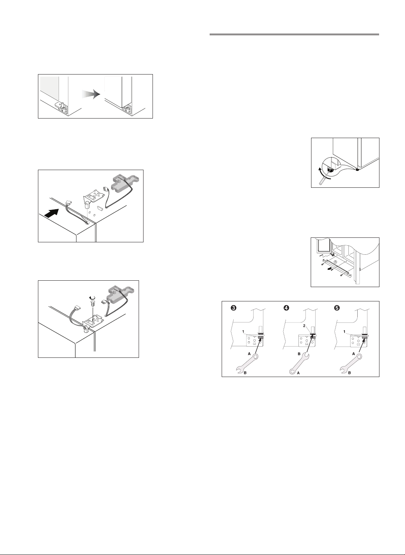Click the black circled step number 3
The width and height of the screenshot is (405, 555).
tap(233, 308)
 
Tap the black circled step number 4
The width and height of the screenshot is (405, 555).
tap(286, 308)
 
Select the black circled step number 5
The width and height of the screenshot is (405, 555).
tap(337, 308)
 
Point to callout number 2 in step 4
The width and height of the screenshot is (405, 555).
tap(304, 326)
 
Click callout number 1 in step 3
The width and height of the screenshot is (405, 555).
tap(243, 331)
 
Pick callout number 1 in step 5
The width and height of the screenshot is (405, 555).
tap(345, 331)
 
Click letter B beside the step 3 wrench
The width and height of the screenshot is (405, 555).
tap(245, 373)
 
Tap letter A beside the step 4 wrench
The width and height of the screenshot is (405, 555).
tap(298, 373)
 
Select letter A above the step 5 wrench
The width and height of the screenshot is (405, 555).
tap(354, 354)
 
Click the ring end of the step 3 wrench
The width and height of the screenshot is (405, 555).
tap(255, 357)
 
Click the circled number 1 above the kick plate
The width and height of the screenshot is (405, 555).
tap(335, 262)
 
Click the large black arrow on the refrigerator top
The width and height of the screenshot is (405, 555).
tap(53, 213)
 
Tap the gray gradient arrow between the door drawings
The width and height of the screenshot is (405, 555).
tap(91, 94)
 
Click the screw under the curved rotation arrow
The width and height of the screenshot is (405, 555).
tap(92, 303)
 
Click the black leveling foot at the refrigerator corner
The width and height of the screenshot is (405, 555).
tap(357, 170)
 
